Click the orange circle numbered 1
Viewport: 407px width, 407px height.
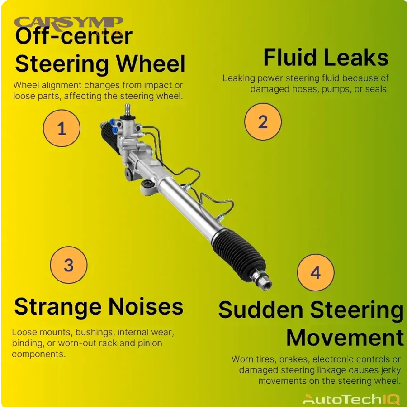62,129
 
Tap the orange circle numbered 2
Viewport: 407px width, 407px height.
263,122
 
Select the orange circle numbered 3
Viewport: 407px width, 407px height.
68,265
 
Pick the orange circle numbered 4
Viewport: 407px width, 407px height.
315,273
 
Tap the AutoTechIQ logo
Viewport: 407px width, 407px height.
351,399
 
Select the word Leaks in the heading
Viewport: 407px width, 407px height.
359,58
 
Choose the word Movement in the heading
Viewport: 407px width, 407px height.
345,338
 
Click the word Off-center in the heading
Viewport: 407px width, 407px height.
74,37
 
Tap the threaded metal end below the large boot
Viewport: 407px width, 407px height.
264,277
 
